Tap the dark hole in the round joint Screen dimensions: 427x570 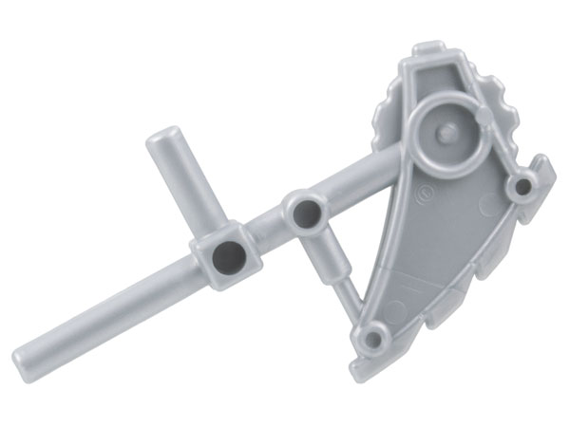click(x=306, y=213)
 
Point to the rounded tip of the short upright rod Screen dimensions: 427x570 click(x=166, y=134)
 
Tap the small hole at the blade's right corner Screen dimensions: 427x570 click(x=519, y=188)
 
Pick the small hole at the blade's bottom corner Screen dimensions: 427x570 click(x=377, y=337)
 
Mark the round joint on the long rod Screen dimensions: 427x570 click(x=306, y=214)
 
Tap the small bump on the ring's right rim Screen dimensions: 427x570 click(x=485, y=118)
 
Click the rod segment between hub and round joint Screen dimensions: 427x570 click(x=270, y=233)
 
